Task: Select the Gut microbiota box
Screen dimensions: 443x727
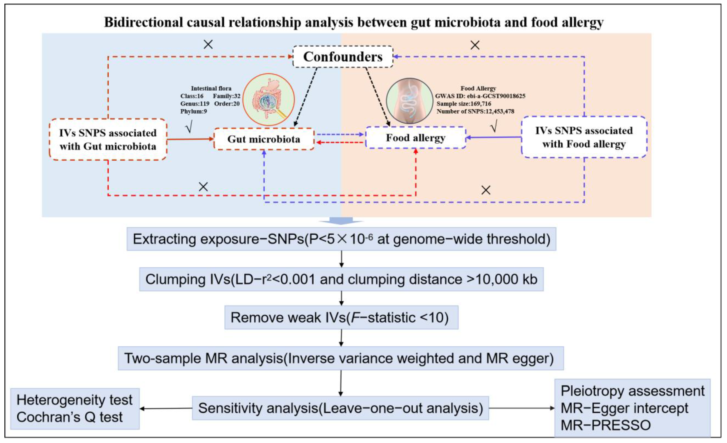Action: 264,139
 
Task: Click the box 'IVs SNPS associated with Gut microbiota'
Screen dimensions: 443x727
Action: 108,140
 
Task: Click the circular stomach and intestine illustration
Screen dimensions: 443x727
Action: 268,100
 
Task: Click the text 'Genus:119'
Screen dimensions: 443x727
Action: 195,104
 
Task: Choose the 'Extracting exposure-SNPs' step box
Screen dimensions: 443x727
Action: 341,239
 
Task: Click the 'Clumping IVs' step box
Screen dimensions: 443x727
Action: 341,279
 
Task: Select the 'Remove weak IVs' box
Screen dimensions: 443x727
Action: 341,318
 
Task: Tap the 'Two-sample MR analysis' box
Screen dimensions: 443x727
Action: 341,358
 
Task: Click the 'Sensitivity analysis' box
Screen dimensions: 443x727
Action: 340,408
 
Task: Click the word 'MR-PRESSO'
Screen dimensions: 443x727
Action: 605,425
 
